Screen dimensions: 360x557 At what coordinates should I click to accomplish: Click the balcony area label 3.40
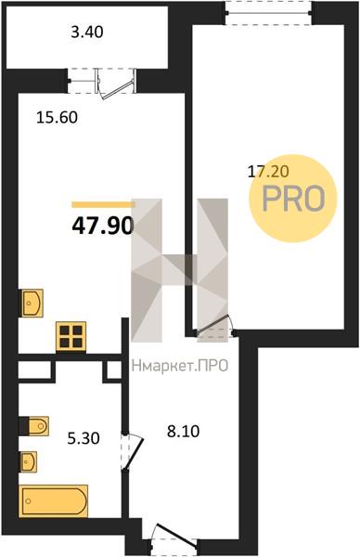[x=87, y=32]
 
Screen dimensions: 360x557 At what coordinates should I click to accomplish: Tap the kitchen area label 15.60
[x=57, y=117]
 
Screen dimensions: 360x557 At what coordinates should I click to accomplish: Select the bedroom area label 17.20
[x=268, y=172]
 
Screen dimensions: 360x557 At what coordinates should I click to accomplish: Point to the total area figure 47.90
[x=103, y=226]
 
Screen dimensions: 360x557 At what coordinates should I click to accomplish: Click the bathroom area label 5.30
[x=84, y=438]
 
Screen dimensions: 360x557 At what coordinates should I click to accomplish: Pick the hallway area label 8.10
[x=183, y=432]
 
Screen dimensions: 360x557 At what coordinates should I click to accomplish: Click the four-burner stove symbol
[x=71, y=336]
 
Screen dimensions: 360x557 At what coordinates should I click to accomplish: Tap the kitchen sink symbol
[x=32, y=303]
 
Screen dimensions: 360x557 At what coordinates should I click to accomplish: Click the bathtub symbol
[x=53, y=501]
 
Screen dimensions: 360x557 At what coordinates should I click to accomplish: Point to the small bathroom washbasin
[x=29, y=461]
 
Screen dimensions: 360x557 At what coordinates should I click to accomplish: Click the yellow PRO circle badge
[x=293, y=199]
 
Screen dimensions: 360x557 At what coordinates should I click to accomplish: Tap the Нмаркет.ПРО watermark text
[x=180, y=366]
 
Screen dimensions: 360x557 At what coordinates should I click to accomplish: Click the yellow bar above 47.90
[x=103, y=204]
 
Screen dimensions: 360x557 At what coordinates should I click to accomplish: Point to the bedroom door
[x=214, y=327]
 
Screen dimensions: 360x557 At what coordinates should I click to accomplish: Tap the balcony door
[x=116, y=84]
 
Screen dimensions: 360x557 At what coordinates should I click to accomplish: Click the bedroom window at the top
[x=268, y=13]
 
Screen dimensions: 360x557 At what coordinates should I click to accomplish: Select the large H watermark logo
[x=179, y=270]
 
